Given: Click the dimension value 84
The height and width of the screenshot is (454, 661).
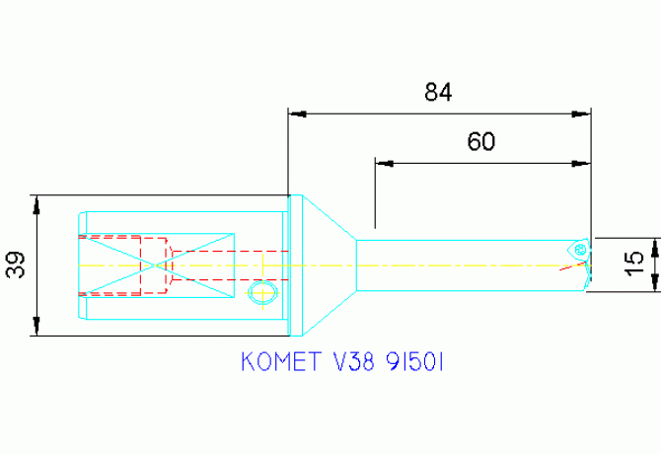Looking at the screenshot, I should (438, 93).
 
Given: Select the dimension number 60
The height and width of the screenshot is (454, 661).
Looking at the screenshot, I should (480, 141).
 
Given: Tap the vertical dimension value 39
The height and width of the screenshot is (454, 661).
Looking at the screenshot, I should (16, 265).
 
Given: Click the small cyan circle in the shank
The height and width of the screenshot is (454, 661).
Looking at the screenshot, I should (261, 292).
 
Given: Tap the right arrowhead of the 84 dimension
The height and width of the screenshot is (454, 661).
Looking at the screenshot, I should (583, 113).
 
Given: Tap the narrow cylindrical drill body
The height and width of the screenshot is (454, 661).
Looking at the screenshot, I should (464, 265).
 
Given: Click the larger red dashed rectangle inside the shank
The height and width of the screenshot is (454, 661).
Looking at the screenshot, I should (112, 265).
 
